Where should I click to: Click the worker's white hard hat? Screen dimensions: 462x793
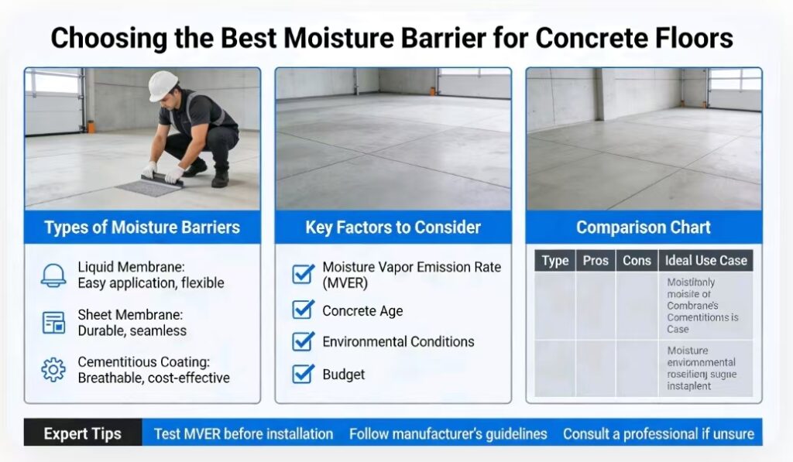[x=163, y=85]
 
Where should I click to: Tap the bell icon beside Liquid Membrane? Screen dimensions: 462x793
[x=53, y=275]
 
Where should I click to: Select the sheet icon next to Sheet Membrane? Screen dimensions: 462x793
[x=53, y=323]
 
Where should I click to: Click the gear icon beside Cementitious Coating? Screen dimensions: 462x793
[x=53, y=370]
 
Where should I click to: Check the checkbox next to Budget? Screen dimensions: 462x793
[x=302, y=375]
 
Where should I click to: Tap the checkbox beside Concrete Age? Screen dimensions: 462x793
[x=302, y=310]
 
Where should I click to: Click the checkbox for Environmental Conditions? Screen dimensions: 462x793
[x=302, y=341]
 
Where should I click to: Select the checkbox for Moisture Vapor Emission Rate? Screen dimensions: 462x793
[x=302, y=274]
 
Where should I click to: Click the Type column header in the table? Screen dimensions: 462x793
[x=554, y=261]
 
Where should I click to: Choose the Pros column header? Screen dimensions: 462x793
[x=596, y=261]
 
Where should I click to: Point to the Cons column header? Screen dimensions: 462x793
[x=637, y=261]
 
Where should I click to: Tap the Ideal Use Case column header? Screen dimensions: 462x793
[x=705, y=261]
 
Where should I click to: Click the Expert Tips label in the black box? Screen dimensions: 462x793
[x=82, y=433]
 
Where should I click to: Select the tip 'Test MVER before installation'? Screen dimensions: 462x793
[x=243, y=433]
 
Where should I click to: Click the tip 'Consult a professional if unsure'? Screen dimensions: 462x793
[x=658, y=433]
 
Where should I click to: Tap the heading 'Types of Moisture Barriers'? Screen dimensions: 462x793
[x=142, y=228]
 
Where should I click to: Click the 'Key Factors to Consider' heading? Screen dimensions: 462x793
[x=393, y=228]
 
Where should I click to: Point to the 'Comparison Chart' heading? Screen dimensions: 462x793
[x=644, y=228]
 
